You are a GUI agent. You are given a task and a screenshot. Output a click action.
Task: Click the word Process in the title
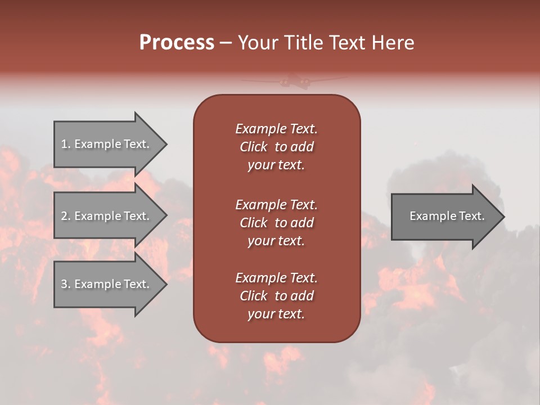(177, 43)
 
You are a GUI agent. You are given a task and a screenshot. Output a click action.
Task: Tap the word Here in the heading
(392, 43)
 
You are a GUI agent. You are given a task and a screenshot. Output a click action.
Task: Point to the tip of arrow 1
(165, 144)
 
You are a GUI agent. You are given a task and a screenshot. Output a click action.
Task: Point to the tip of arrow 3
(165, 284)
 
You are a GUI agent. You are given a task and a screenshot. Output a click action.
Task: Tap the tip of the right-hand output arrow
(503, 216)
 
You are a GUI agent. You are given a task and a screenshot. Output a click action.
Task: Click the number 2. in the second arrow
(66, 216)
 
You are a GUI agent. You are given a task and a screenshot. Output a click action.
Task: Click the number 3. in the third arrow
(66, 284)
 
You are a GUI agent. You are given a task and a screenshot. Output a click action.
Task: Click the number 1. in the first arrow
(65, 144)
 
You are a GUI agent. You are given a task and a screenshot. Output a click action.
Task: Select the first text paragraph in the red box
(276, 147)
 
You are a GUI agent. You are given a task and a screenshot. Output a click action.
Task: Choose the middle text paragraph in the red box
(276, 223)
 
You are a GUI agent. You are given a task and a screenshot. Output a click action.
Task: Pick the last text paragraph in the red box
(276, 296)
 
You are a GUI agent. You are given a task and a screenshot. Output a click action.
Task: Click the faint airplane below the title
(294, 82)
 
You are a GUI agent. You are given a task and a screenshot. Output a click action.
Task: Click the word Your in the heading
(258, 43)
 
